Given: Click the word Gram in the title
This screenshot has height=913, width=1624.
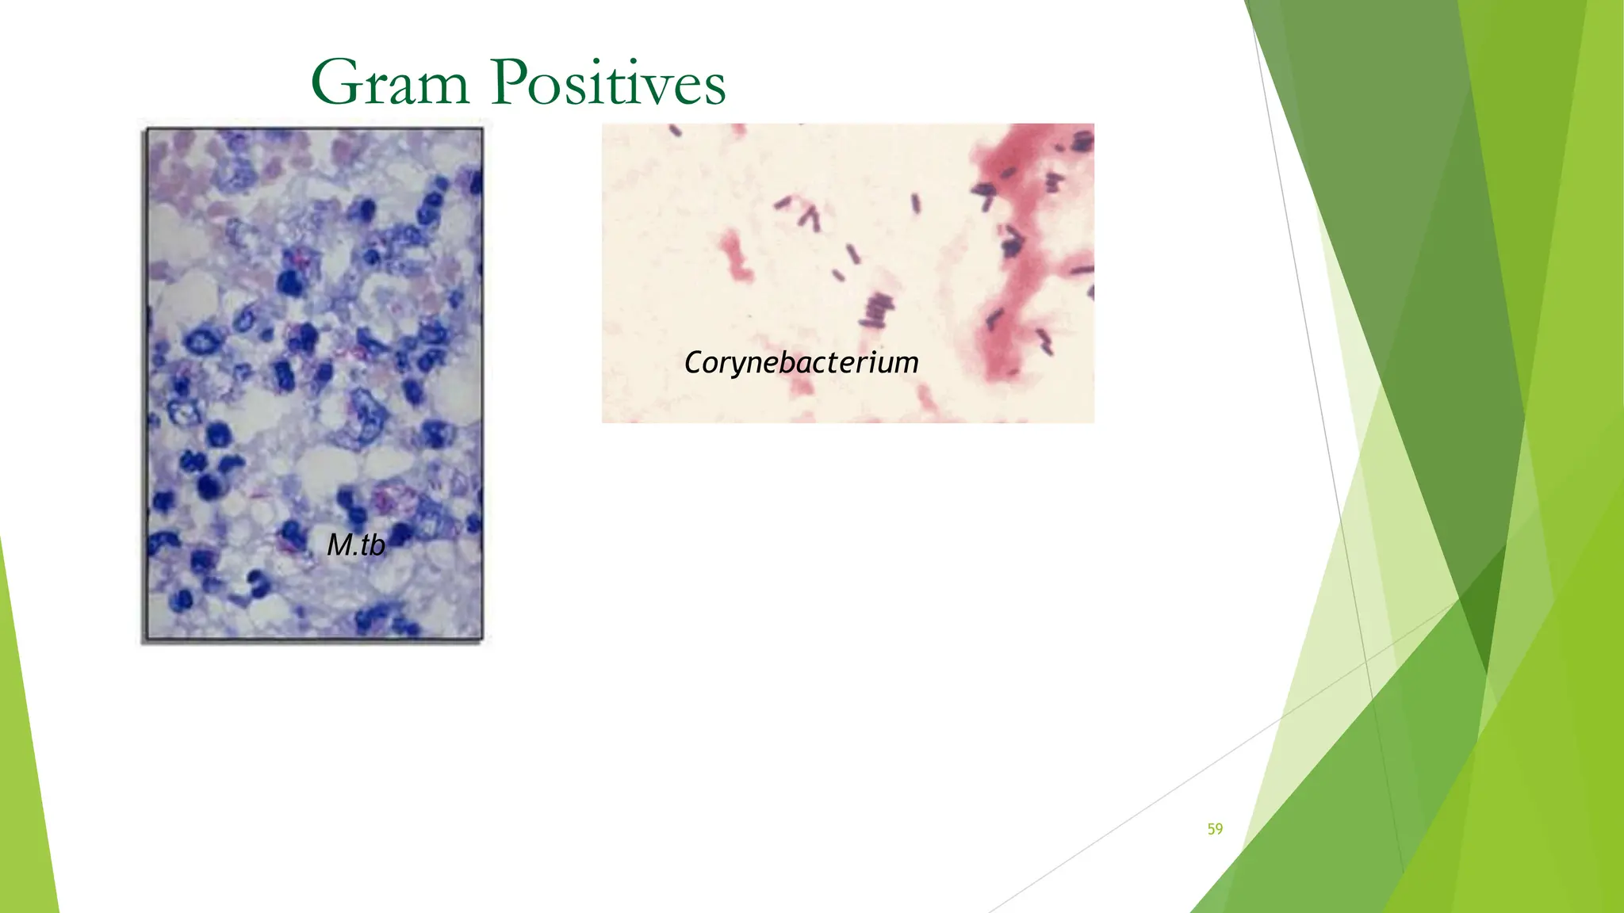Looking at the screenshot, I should (390, 82).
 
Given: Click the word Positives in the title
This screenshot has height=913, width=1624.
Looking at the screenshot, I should (608, 82).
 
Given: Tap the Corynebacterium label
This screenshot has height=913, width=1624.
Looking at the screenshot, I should (801, 363).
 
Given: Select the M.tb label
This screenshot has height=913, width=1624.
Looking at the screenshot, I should (356, 544).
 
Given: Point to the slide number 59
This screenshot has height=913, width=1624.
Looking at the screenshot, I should (1215, 829).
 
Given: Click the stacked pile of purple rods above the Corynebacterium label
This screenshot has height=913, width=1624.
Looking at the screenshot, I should (875, 311).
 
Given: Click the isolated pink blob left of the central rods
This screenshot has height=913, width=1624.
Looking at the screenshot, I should (736, 255).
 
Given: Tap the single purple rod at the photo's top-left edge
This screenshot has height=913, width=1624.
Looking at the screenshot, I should (676, 131).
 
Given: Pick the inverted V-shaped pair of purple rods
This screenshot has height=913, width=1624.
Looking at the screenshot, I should (810, 217).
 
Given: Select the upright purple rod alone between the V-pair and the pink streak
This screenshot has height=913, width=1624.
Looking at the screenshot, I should (916, 204).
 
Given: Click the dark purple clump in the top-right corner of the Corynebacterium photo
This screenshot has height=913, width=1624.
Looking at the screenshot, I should (1083, 142).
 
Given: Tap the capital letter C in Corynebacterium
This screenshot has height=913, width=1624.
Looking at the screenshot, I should (694, 363).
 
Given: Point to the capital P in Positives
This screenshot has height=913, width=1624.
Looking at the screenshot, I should (510, 82).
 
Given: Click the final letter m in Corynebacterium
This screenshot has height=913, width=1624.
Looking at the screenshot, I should (907, 364).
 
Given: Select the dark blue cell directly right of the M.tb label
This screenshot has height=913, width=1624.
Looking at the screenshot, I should (403, 533).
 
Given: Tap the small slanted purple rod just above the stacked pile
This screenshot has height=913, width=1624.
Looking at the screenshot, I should (838, 275).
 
